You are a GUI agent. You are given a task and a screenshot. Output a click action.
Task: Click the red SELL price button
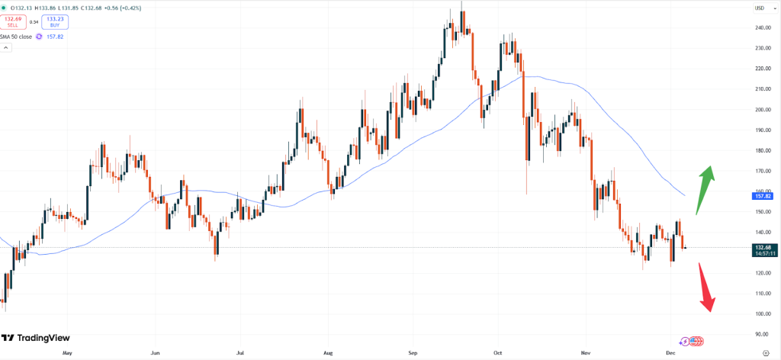point(12,21)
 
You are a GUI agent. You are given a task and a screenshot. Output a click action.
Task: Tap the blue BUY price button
point(54,21)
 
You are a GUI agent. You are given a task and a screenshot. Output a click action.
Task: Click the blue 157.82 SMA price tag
point(760,195)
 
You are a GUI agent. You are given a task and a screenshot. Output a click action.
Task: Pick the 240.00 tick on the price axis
point(760,27)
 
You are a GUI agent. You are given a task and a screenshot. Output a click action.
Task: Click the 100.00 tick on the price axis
point(760,313)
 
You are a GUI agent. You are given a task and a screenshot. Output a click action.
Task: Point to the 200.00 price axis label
point(760,109)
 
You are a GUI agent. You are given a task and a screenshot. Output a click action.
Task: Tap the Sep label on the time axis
point(413,353)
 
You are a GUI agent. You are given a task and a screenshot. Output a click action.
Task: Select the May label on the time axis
point(67,353)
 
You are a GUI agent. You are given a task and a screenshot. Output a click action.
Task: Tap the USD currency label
point(759,8)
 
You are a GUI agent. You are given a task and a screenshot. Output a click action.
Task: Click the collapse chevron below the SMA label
point(6,47)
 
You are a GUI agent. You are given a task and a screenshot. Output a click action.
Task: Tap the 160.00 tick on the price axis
point(760,191)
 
